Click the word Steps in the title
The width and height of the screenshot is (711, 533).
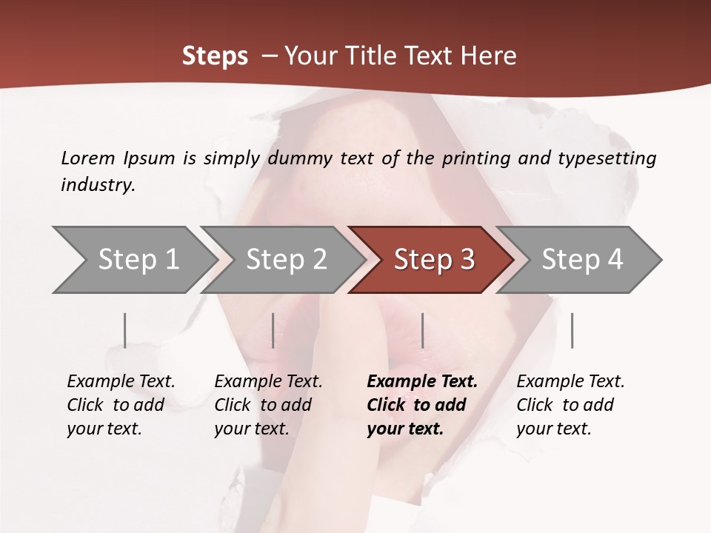click(x=215, y=56)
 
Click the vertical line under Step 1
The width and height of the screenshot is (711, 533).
click(x=125, y=330)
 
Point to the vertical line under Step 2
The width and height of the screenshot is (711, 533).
click(x=273, y=330)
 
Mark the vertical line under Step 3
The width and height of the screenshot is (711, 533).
click(x=422, y=330)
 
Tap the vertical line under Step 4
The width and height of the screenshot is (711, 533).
click(x=572, y=330)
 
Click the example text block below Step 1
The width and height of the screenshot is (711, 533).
click(x=121, y=405)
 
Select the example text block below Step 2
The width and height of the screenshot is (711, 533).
click(x=268, y=405)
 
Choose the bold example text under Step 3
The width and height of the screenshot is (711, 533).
click(x=421, y=405)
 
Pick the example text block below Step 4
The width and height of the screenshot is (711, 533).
click(x=570, y=405)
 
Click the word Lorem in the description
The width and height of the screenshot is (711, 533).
click(x=87, y=158)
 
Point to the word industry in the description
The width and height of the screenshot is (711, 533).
click(x=97, y=185)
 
